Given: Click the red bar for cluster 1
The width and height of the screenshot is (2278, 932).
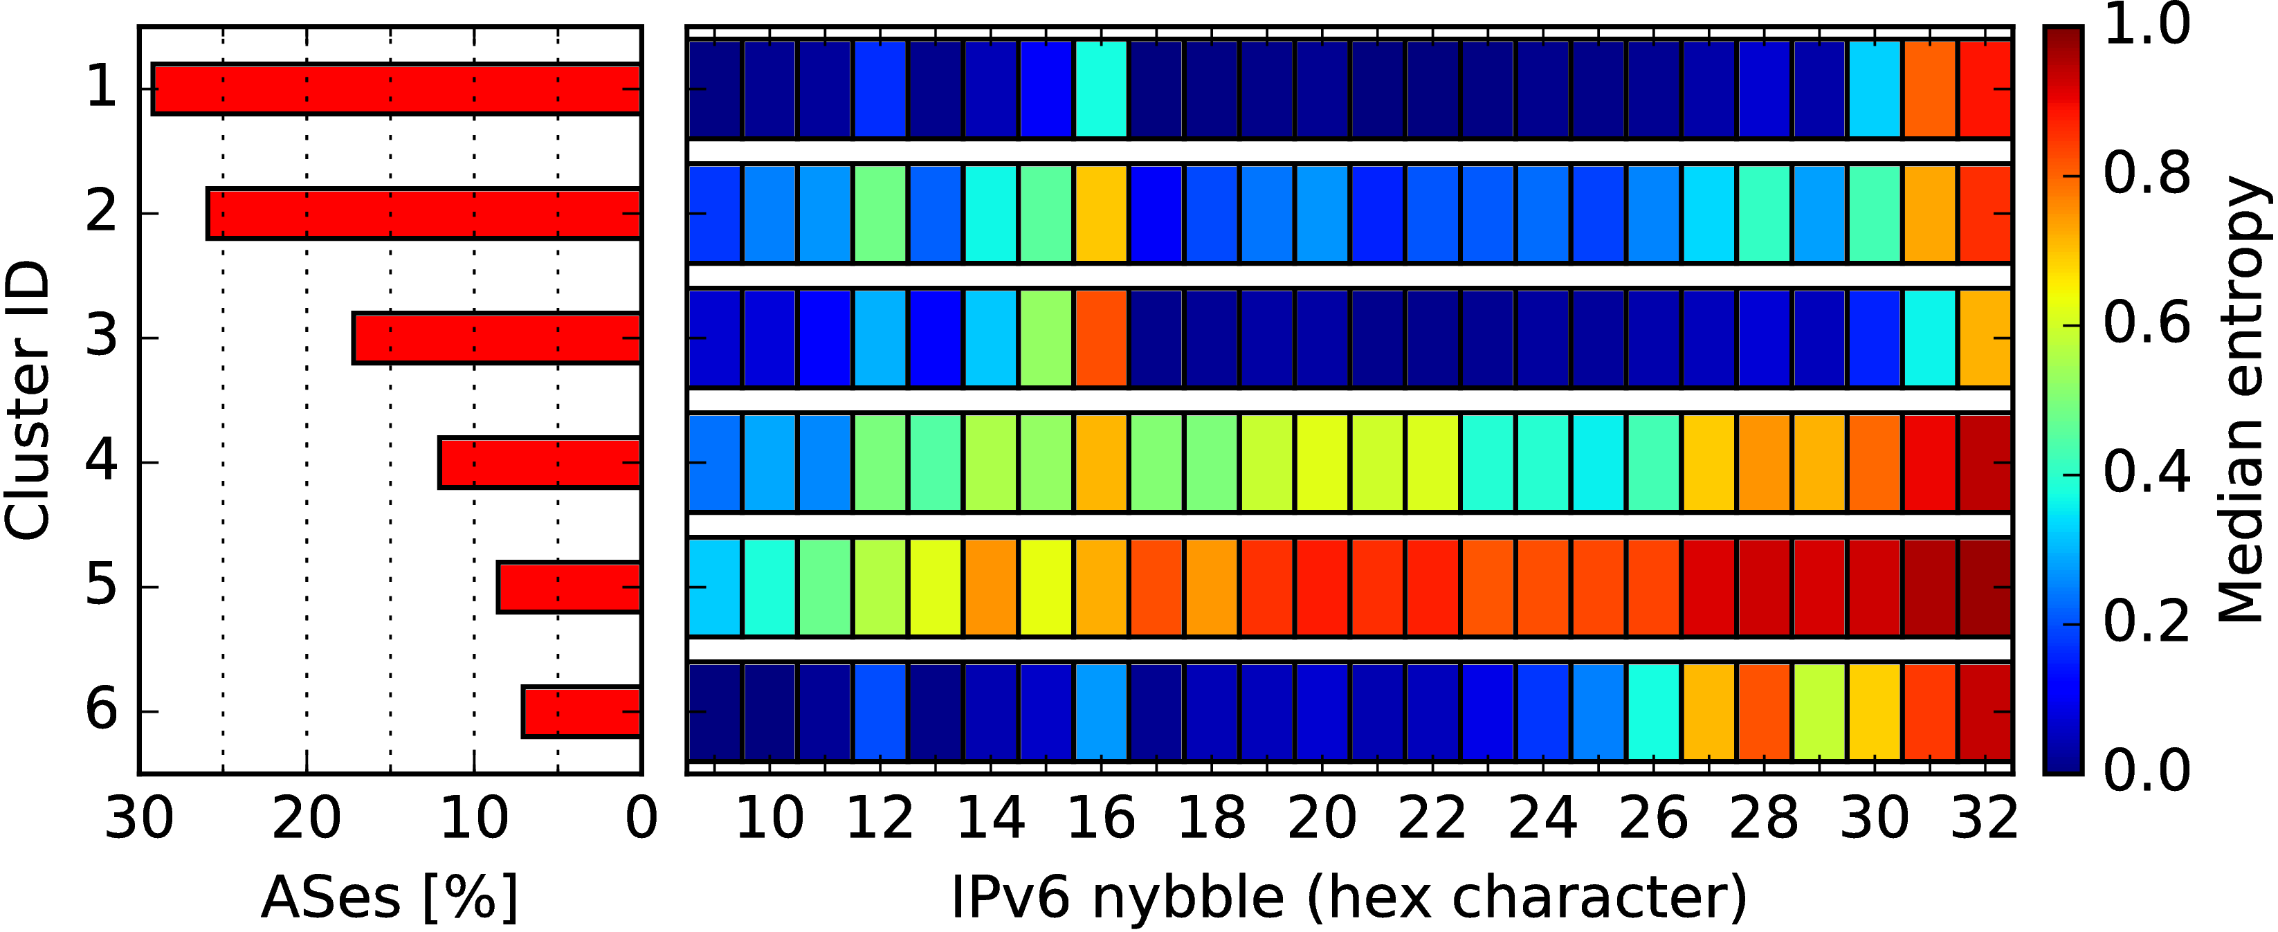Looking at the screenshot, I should click(x=397, y=89).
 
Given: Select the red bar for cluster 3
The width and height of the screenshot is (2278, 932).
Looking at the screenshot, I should click(x=496, y=338).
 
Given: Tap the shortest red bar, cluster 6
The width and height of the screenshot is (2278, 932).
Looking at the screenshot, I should click(x=582, y=711).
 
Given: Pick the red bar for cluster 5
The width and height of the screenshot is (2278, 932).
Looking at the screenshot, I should click(x=569, y=586).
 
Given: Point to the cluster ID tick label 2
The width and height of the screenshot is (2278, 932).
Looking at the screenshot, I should click(x=101, y=213).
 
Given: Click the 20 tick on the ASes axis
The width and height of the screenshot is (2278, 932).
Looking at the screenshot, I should click(x=306, y=819).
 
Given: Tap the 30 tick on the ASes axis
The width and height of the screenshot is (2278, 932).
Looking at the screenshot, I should click(x=139, y=819).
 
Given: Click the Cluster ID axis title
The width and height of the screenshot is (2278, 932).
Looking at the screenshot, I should click(x=26, y=400).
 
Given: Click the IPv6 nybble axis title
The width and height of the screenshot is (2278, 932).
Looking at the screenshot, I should click(x=1349, y=897).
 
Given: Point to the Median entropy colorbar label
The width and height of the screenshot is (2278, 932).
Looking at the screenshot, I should click(x=2243, y=400).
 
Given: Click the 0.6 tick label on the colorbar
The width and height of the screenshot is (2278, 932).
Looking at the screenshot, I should click(x=2147, y=324).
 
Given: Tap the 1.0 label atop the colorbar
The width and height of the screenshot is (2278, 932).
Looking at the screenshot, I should click(x=2147, y=25).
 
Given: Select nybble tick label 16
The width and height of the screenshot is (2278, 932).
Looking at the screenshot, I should click(x=1101, y=819).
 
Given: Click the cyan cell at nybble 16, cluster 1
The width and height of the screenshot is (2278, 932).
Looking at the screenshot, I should click(x=1101, y=89).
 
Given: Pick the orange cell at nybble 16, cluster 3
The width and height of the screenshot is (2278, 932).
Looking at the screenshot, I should click(x=1101, y=338).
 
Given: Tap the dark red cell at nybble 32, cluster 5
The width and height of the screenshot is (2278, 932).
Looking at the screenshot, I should click(x=1985, y=586).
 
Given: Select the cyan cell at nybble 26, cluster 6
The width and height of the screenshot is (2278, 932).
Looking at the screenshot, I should click(x=1652, y=711).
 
